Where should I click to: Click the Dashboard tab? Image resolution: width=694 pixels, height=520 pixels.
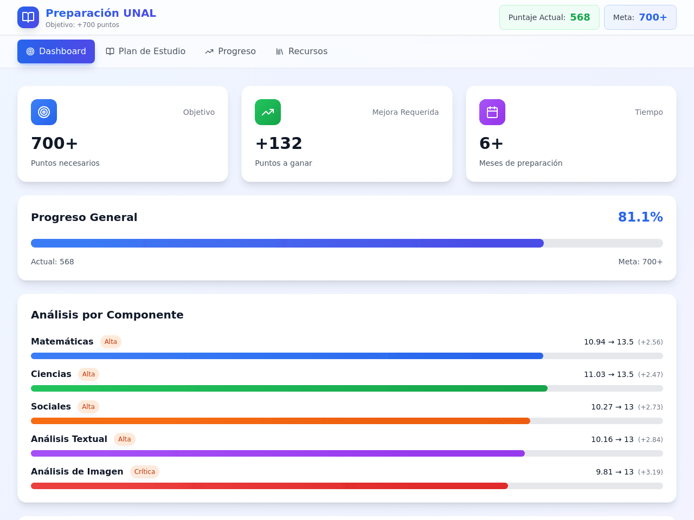[x=56, y=51]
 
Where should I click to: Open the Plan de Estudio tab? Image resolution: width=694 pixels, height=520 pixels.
[x=145, y=51]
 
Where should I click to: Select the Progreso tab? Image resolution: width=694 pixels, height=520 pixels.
[x=230, y=51]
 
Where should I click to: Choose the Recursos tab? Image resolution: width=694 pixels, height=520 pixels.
[x=301, y=51]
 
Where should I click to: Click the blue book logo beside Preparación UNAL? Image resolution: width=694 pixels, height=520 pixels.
[x=28, y=17]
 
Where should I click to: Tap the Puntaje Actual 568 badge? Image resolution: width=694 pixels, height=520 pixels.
[x=549, y=17]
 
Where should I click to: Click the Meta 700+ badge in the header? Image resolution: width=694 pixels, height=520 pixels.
[x=640, y=17]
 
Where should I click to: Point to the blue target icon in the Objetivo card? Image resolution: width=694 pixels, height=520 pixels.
[x=44, y=112]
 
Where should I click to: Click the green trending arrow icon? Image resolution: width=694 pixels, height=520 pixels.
[x=268, y=112]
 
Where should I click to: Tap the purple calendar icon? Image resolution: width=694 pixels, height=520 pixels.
[x=492, y=112]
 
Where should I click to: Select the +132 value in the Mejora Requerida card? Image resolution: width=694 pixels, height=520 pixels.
[x=279, y=144]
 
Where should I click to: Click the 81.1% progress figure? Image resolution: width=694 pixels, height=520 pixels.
[x=640, y=217]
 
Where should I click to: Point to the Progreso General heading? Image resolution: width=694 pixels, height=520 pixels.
[x=84, y=217]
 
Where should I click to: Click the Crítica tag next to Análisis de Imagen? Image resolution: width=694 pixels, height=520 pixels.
[x=144, y=471]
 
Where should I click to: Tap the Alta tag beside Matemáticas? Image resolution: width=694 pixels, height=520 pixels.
[x=111, y=342]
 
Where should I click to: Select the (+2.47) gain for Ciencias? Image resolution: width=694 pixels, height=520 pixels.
[x=651, y=374]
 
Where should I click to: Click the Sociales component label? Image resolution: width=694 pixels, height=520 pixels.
[x=51, y=406]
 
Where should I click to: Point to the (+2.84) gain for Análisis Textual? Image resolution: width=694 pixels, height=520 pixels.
[x=651, y=439]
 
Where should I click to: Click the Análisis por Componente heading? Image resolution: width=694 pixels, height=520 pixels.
[x=107, y=315]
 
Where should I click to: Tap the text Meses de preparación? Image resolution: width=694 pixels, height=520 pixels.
[x=520, y=163]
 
